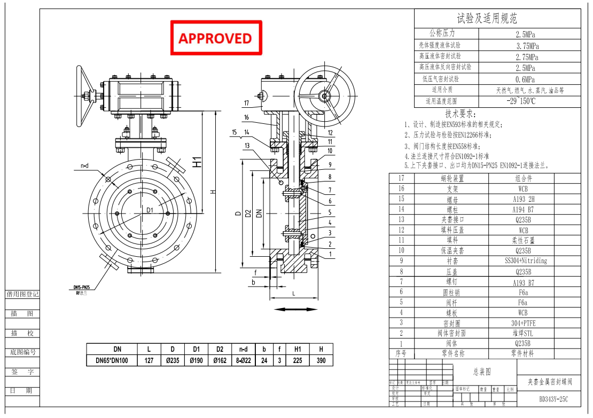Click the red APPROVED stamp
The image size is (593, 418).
(216, 38)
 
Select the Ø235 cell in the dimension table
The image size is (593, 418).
(172, 360)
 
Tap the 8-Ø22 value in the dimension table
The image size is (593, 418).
(243, 360)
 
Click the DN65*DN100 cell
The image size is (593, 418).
(112, 360)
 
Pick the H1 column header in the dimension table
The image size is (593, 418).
(298, 349)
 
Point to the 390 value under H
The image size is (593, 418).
(321, 360)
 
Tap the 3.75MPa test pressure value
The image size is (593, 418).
(527, 46)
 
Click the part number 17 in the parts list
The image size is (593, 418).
(401, 178)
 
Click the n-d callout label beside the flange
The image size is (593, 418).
(84, 166)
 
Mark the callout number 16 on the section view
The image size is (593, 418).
(246, 117)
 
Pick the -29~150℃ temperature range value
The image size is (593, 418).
(521, 101)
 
